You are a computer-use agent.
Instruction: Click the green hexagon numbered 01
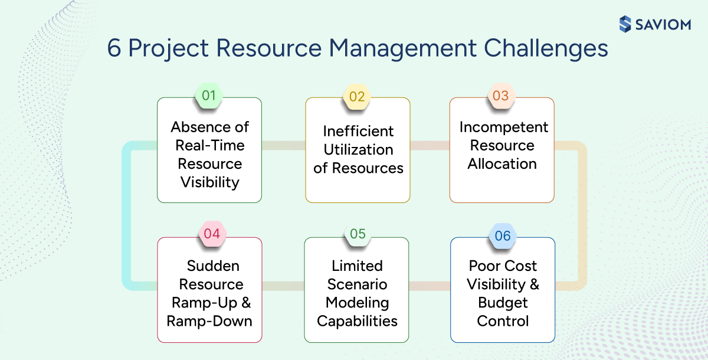tap(209, 96)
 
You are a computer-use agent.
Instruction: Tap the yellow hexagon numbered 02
tap(357, 96)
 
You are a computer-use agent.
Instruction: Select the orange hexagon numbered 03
tap(500, 96)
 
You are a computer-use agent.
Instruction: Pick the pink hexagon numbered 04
tap(211, 234)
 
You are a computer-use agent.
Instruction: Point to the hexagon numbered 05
tap(358, 234)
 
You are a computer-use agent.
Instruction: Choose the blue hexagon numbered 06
tap(503, 236)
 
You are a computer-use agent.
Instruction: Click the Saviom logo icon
tap(625, 24)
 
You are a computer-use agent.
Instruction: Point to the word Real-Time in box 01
tap(209, 145)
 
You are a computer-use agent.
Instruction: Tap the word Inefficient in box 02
tap(358, 131)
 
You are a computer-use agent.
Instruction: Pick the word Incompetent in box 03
tap(504, 127)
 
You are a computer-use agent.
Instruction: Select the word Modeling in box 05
tap(358, 303)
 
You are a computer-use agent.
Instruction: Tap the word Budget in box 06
tap(503, 303)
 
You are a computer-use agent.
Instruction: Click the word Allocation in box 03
tap(502, 164)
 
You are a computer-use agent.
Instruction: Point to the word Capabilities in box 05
tap(358, 321)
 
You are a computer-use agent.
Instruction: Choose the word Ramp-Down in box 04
tap(209, 321)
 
